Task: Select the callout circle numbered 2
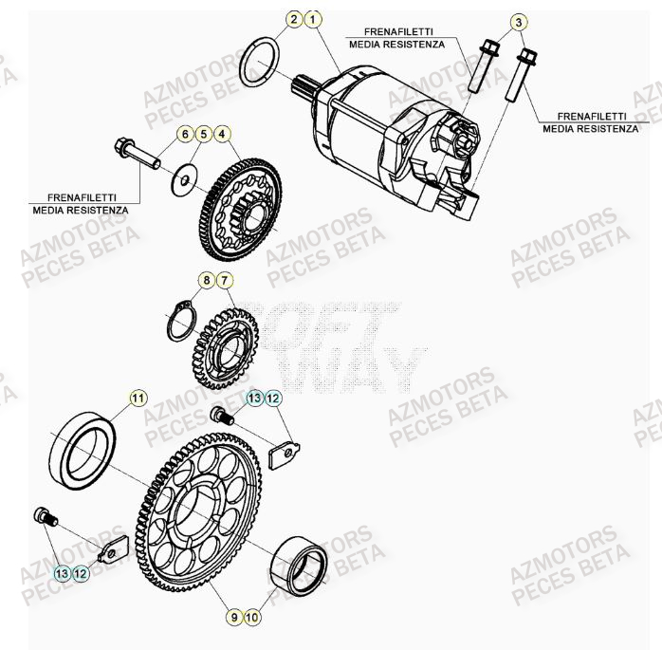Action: point(295,20)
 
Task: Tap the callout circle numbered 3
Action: point(518,22)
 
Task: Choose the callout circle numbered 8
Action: point(205,280)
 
